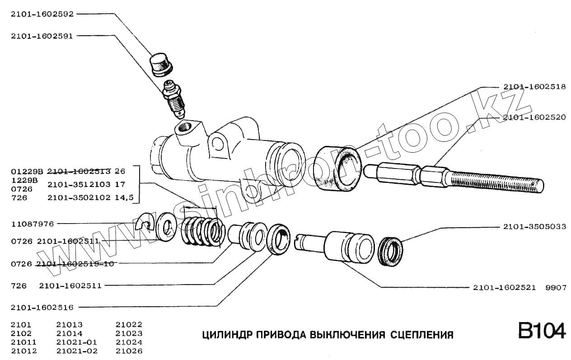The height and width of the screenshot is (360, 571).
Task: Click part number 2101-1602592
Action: [x=42, y=14]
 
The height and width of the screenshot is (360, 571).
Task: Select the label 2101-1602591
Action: [x=42, y=36]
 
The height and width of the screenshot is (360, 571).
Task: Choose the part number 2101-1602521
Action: [x=504, y=288]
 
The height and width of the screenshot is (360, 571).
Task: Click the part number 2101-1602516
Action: [x=42, y=308]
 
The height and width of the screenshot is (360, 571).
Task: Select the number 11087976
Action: [x=32, y=224]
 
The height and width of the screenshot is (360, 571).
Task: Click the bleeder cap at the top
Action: [x=161, y=65]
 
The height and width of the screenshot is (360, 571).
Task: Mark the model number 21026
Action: [x=129, y=351]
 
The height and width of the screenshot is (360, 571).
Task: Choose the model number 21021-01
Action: [x=77, y=342]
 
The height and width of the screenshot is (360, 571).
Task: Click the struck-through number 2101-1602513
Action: [x=79, y=172]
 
